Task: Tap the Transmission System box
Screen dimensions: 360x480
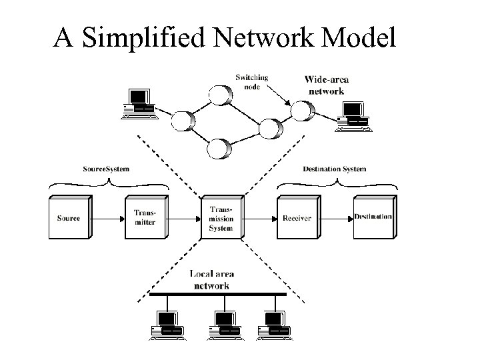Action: click(220, 218)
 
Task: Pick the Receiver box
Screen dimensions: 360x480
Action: click(296, 218)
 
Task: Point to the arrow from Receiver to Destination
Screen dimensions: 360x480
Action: click(333, 218)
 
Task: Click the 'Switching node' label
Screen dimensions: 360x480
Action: click(252, 81)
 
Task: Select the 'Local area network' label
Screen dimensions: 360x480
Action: click(212, 279)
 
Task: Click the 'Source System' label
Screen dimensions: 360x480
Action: click(107, 169)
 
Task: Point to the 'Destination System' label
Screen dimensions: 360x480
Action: click(335, 169)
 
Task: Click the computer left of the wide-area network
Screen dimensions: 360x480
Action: click(140, 103)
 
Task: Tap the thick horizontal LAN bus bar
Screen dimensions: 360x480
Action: click(220, 294)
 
